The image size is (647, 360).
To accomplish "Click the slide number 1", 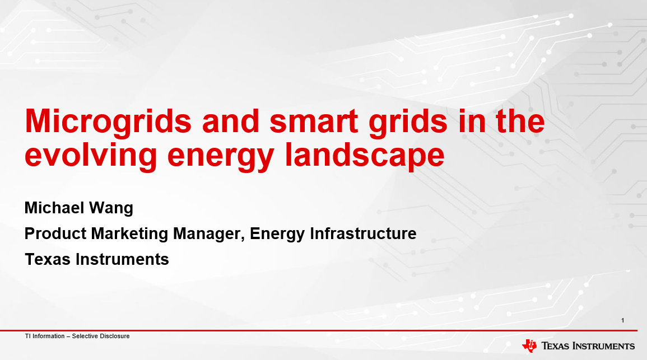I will pyautogui.click(x=623, y=320).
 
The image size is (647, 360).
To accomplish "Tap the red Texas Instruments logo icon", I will pyautogui.click(x=529, y=345).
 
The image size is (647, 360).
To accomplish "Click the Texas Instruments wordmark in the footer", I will pyautogui.click(x=588, y=346).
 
